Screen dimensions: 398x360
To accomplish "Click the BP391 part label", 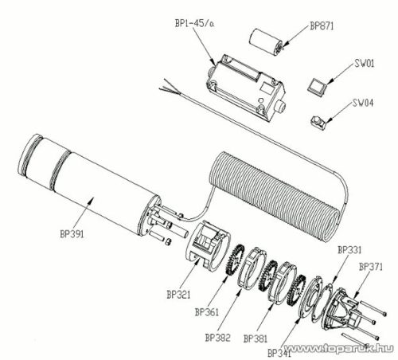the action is (x=72, y=234).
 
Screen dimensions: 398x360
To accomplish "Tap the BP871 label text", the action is (x=322, y=26).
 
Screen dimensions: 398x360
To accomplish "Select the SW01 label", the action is (x=364, y=63).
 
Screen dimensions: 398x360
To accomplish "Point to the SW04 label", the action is (x=363, y=103).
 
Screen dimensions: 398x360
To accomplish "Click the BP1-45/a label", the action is (x=194, y=23).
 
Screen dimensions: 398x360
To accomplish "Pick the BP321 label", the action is (x=178, y=295).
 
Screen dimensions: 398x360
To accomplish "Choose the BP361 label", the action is (x=207, y=312).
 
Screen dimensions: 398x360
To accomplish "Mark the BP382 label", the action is (x=217, y=338).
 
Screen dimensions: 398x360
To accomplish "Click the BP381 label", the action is (x=256, y=338).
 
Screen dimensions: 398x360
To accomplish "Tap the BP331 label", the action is (x=349, y=250).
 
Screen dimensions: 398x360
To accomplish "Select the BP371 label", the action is (x=371, y=267).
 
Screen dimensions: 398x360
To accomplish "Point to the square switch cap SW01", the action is (x=318, y=86).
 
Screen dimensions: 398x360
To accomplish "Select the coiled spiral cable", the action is (x=273, y=195).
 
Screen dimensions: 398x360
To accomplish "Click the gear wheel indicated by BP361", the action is (x=234, y=259).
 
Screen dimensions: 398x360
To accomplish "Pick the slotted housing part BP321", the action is (x=208, y=245).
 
